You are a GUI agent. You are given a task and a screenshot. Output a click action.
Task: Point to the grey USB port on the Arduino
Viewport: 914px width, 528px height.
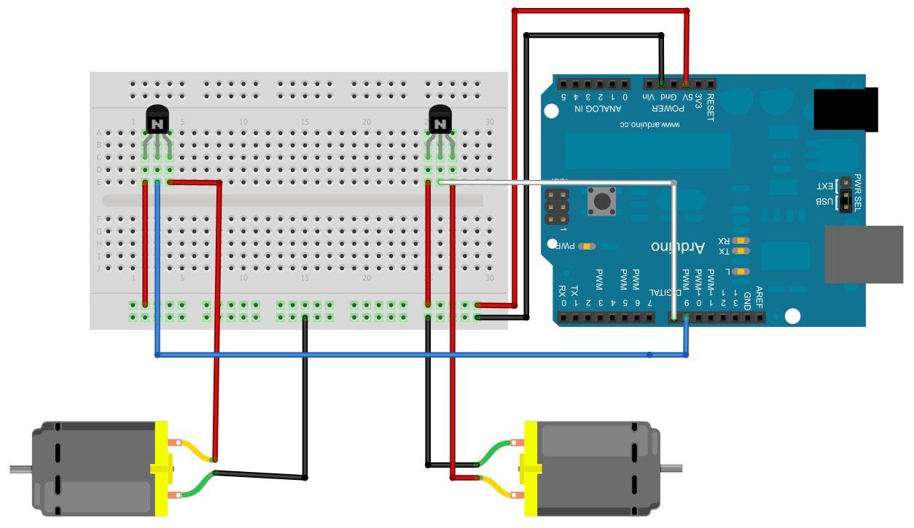(863, 254)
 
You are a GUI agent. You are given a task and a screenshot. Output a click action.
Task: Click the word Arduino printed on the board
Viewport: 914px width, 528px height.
(678, 247)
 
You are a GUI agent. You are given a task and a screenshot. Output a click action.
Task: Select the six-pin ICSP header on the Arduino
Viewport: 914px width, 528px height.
(556, 208)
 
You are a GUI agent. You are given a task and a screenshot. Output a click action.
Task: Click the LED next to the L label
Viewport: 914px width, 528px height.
(741, 272)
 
